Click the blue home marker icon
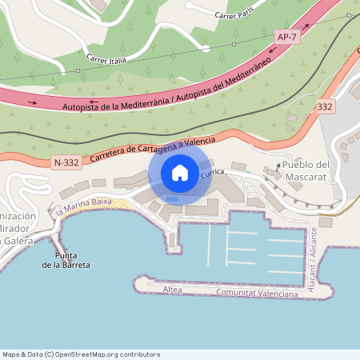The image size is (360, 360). tap(180, 172)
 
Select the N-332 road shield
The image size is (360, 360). tap(66, 163)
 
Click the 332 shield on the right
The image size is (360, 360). tap(325, 106)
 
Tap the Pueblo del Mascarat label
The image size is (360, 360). tap(306, 170)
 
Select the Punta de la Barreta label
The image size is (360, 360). tap(72, 260)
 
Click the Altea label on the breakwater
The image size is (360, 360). tap(171, 288)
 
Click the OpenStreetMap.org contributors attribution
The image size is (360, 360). tap(114, 354)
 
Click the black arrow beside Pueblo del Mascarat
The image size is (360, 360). tap(278, 166)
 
